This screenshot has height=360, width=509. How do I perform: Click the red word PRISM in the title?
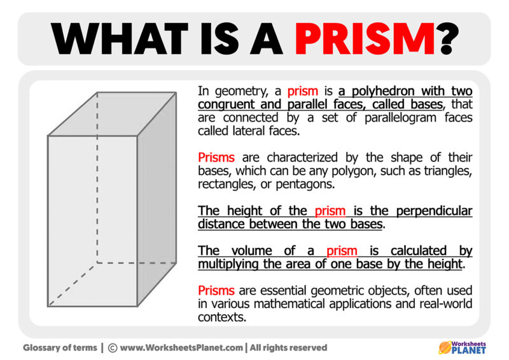click(x=365, y=39)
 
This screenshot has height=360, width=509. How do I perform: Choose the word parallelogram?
click(x=400, y=118)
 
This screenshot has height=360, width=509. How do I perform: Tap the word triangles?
click(x=448, y=171)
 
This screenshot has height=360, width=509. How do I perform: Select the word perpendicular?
click(x=434, y=211)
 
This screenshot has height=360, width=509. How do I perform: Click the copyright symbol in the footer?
click(x=113, y=348)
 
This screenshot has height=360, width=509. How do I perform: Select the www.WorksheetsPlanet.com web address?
click(x=181, y=348)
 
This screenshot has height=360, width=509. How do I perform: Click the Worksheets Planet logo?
click(x=462, y=348)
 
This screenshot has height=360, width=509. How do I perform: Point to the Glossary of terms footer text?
click(x=60, y=348)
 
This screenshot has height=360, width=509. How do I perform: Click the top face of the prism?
click(x=112, y=114)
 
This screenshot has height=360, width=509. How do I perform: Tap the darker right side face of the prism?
click(x=157, y=199)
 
